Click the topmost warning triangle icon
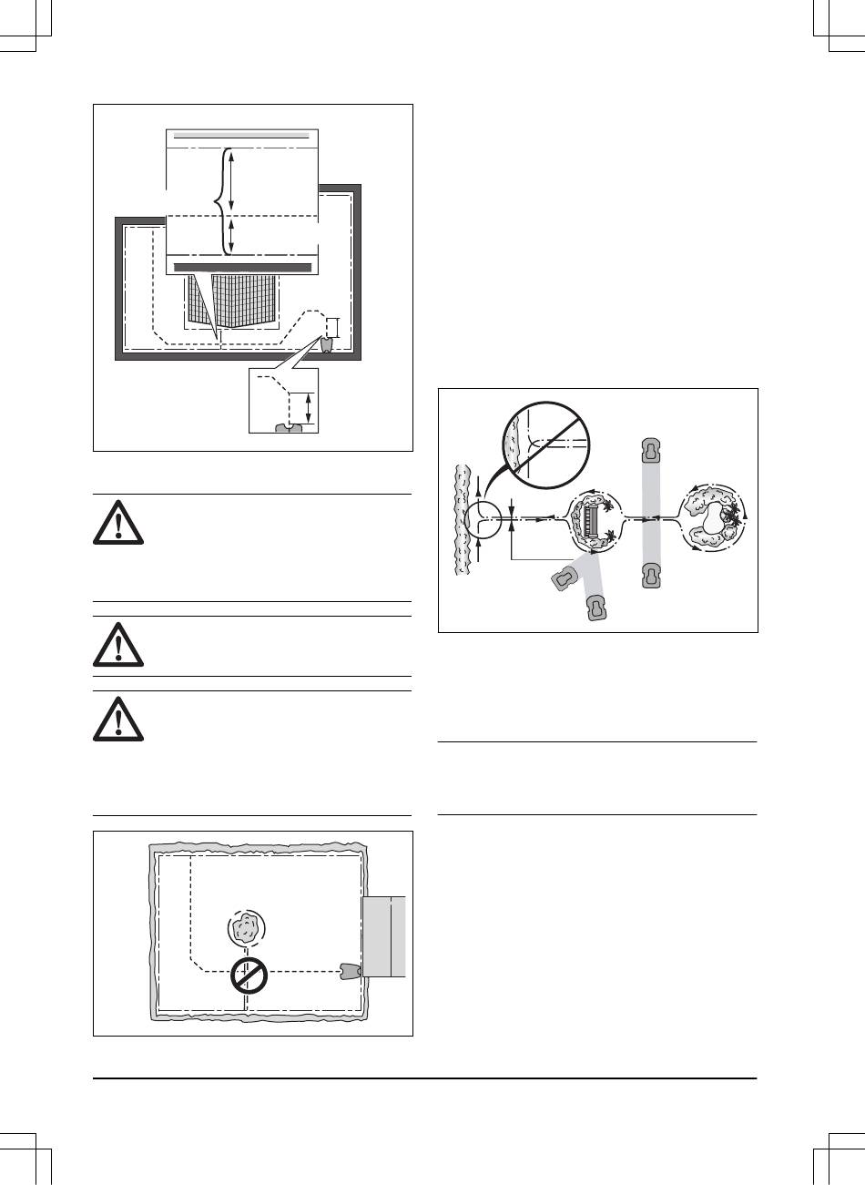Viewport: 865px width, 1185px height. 117,521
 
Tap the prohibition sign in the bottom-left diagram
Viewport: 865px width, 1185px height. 247,975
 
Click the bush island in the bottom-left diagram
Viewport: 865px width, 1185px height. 245,929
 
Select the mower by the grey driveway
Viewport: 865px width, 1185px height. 351,972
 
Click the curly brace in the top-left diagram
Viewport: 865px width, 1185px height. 218,201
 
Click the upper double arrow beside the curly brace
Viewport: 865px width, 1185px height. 231,180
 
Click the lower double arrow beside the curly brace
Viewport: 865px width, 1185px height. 231,235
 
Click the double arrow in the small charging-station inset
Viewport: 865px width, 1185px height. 308,407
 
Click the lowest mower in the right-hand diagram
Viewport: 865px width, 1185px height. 596,607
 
